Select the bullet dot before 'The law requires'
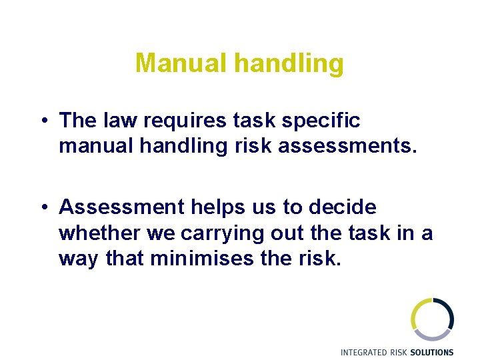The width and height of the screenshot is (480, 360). click(x=42, y=121)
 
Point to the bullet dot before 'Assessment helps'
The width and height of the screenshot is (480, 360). click(x=42, y=208)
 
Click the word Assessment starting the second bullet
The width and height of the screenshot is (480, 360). click(x=119, y=207)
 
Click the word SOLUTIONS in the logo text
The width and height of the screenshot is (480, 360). click(x=431, y=352)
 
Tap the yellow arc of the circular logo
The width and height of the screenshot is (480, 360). click(x=415, y=313)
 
